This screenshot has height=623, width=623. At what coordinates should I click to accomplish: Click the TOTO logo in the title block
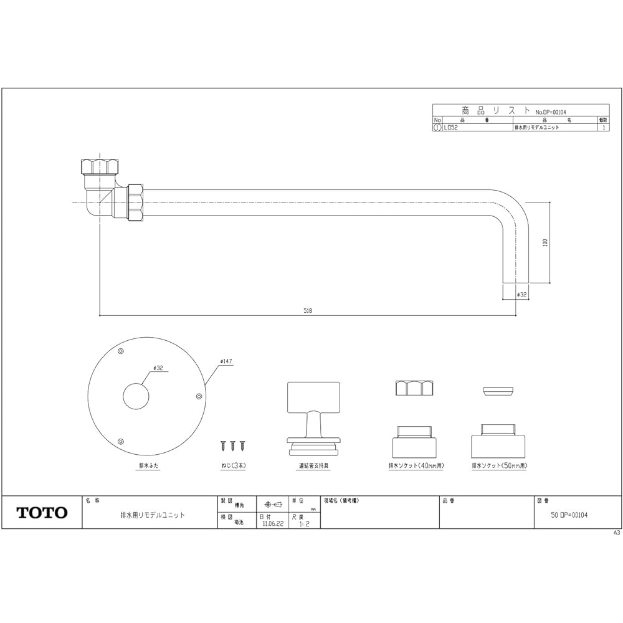[42, 513]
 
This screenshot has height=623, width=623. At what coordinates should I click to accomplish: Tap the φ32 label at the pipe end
[522, 293]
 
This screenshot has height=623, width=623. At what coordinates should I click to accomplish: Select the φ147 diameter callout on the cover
[226, 361]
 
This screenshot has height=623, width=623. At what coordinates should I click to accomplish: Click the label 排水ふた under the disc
[147, 465]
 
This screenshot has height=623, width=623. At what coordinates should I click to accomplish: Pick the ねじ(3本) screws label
[232, 465]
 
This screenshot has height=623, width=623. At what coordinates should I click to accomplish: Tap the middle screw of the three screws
[232, 445]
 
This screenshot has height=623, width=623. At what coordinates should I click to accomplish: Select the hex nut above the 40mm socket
[414, 388]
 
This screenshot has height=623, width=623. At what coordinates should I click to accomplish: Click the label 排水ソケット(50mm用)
[500, 465]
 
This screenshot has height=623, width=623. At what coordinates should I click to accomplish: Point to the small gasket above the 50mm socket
[499, 390]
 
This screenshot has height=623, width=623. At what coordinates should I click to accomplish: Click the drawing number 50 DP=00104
[569, 515]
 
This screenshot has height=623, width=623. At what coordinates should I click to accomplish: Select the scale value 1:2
[303, 524]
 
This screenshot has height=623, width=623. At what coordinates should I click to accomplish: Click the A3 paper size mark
[617, 533]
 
